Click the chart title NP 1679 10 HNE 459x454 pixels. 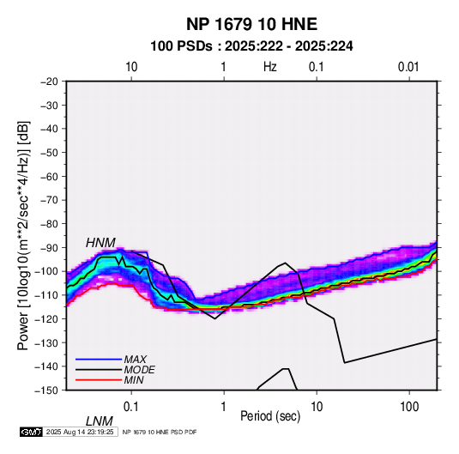click(251, 24)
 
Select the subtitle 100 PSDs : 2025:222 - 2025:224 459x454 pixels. click(251, 46)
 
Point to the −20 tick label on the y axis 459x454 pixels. click(49, 82)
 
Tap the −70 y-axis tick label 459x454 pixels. click(49, 200)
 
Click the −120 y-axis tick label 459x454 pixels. click(46, 319)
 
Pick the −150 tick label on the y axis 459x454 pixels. click(46, 390)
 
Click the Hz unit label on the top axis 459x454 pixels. click(270, 67)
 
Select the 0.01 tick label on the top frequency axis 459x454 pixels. click(408, 67)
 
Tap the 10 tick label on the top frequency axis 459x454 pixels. click(131, 67)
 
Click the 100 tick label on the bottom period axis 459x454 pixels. click(409, 407)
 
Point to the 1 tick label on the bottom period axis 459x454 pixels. click(224, 407)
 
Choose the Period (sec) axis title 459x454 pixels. click(270, 416)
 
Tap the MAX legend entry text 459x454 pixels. click(135, 360)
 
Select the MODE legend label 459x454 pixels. click(139, 370)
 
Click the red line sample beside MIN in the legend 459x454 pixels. click(99, 380)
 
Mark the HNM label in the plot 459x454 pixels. click(100, 243)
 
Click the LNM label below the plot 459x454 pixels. click(100, 421)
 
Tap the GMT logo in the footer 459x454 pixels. click(32, 432)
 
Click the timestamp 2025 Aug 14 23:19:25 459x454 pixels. click(80, 432)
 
